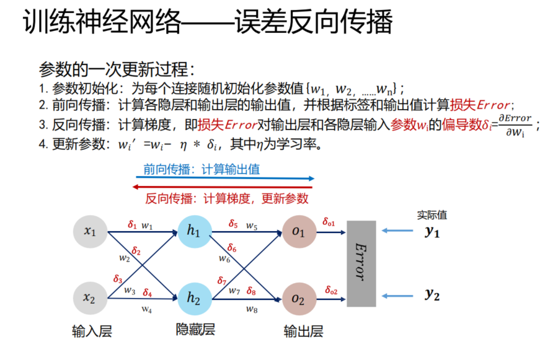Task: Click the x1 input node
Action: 91,232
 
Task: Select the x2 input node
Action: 91,297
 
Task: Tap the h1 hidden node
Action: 194,232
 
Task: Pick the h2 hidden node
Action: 194,297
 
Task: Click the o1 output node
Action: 299,232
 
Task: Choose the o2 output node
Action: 299,299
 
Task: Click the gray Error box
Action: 361,263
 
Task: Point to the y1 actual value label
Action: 432,232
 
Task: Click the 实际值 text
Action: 432,215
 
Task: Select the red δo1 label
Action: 329,222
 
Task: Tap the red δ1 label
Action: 132,225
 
